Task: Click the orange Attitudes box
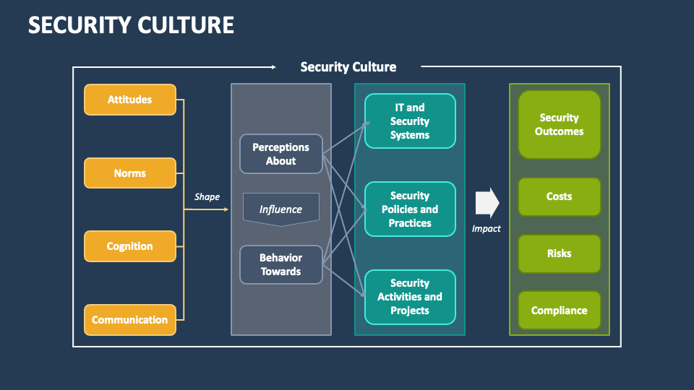point(130,100)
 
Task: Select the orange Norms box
point(130,173)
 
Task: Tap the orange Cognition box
point(130,246)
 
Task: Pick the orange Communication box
point(130,320)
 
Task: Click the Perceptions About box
point(280,154)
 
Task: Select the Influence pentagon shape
point(280,209)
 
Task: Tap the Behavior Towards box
point(280,264)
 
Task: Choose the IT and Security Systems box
point(410,121)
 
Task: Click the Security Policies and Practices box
point(410,209)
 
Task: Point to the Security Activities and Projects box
point(410,297)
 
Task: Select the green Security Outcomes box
point(559,124)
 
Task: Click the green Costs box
point(559,196)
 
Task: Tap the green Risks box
point(559,253)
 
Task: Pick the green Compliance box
point(559,311)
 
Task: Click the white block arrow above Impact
point(487,203)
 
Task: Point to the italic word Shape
point(207,196)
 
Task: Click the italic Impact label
point(487,228)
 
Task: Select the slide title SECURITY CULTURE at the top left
point(131,25)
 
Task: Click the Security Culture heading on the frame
point(348,67)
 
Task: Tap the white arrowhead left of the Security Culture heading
point(273,67)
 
